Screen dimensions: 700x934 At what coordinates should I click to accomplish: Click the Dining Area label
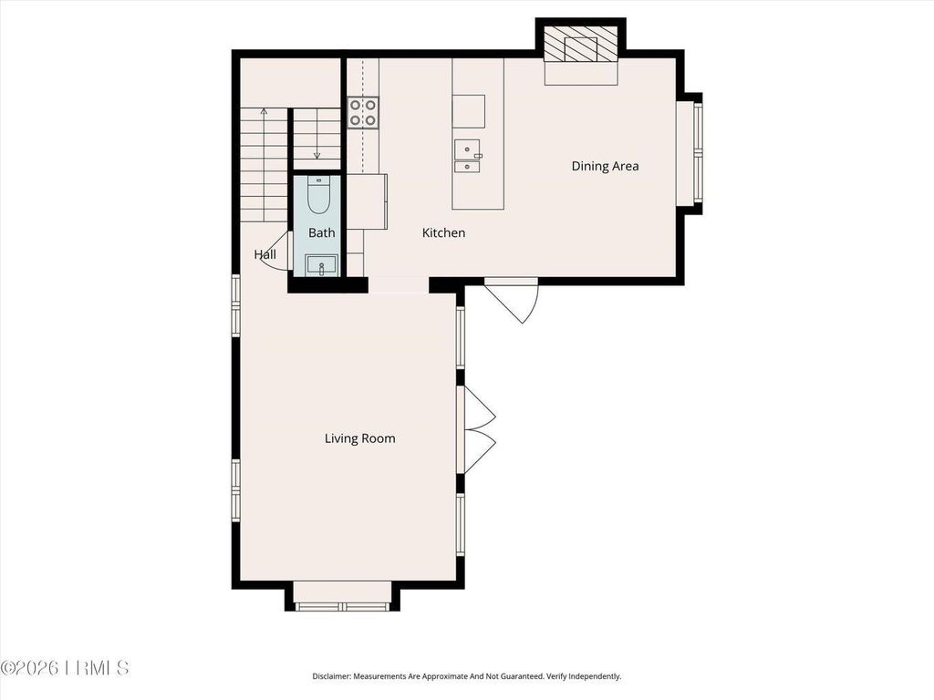[x=605, y=166]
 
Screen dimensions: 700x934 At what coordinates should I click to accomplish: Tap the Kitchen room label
[x=443, y=233]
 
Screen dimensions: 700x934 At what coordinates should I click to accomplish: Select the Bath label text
[x=321, y=233]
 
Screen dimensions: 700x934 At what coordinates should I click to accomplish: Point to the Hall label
[x=265, y=254]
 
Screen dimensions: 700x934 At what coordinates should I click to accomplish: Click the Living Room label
[x=359, y=438]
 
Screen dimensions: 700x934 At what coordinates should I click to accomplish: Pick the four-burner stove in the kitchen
[x=363, y=112]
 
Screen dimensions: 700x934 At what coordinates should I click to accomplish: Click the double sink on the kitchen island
[x=468, y=156]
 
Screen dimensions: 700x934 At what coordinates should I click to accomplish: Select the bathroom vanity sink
[x=321, y=265]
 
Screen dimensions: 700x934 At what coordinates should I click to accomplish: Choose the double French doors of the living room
[x=478, y=429]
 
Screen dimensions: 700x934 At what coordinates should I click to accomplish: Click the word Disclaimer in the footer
[x=334, y=676]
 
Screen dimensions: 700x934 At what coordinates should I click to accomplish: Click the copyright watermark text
[x=65, y=669]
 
